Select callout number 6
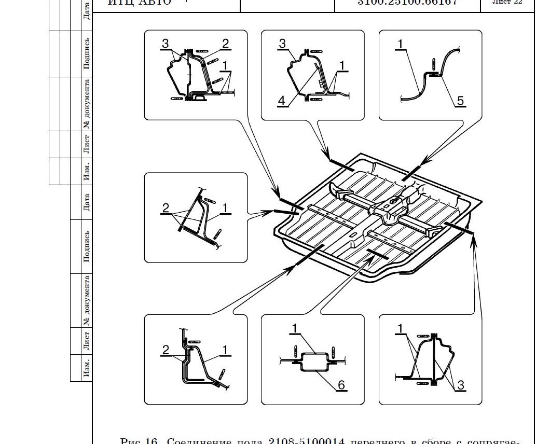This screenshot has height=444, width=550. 341,384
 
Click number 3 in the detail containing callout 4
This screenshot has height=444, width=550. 283,44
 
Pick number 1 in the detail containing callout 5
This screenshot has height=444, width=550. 401,44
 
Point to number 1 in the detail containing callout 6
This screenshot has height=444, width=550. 294,328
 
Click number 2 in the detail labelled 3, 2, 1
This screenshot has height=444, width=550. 226,44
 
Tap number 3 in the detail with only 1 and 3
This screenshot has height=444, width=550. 460,384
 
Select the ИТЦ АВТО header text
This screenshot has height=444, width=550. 139,3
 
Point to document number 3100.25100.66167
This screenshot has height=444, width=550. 407,3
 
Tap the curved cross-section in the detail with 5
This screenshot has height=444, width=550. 420,86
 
